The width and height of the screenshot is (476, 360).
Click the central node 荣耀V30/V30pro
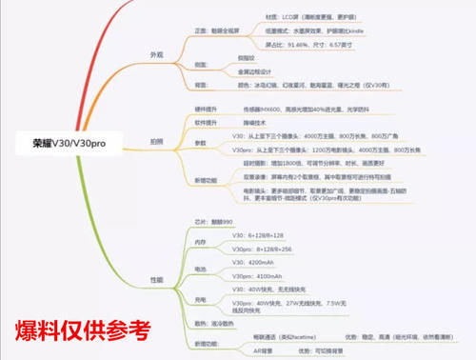(70, 147)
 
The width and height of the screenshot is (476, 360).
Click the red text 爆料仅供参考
(83, 331)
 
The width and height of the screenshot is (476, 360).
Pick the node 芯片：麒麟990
(211, 220)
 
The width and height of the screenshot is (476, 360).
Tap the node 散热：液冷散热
(215, 324)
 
